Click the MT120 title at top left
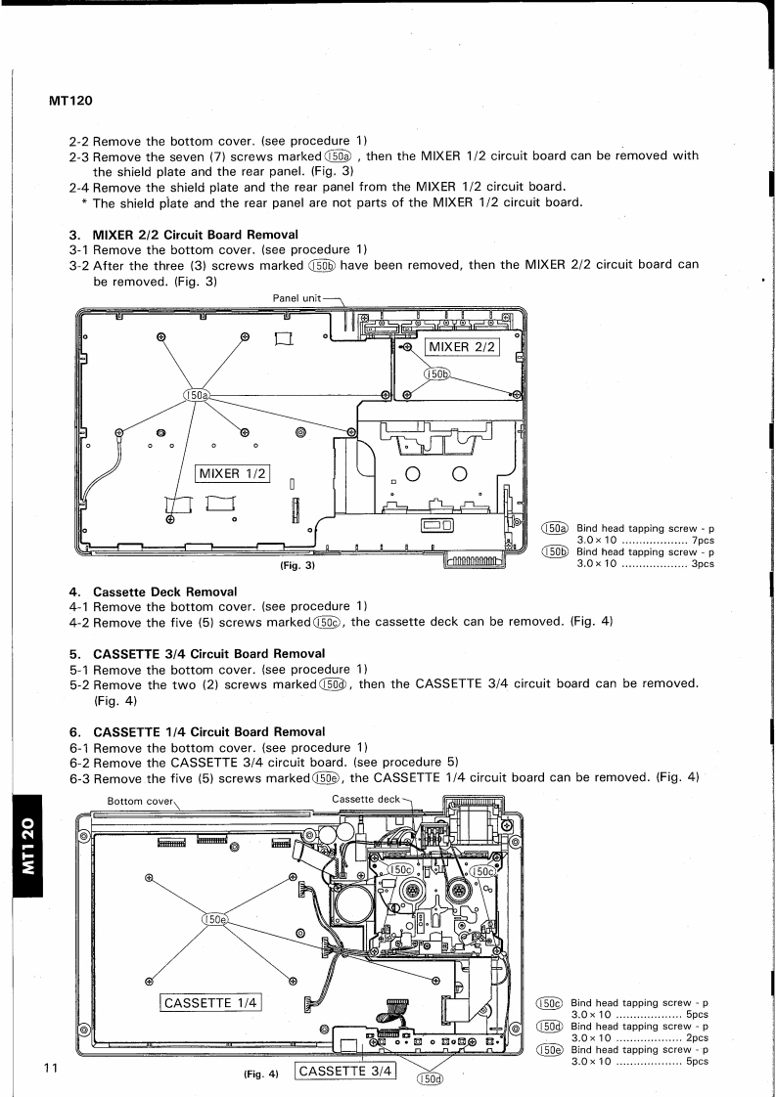tap(68, 102)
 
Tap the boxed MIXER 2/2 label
tap(463, 345)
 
